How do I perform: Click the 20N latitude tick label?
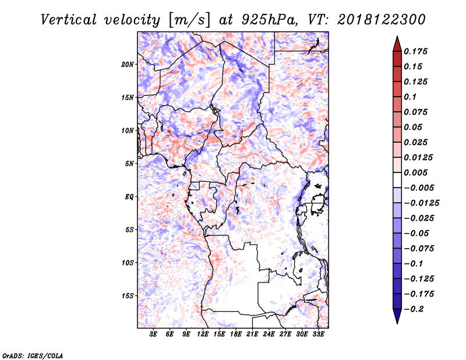coord(128,64)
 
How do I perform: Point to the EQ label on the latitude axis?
coord(129,196)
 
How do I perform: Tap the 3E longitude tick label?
coord(153,334)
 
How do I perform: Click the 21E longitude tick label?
coord(252,334)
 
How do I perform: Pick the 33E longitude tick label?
coord(318,334)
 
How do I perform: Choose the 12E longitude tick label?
coord(202,334)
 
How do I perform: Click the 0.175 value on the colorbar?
coord(415,51)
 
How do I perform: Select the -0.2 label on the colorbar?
coord(414,309)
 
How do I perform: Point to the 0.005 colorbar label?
coord(415,172)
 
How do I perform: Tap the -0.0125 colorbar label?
coord(421,203)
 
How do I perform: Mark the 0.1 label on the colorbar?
coord(410,97)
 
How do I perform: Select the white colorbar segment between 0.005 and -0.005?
coord(397,180)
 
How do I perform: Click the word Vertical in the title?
coord(68,20)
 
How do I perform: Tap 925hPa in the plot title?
coord(269,20)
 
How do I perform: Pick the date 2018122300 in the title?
coord(382,20)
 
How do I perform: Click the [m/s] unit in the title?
coord(189,20)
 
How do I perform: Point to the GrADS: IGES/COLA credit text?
coord(33,355)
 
